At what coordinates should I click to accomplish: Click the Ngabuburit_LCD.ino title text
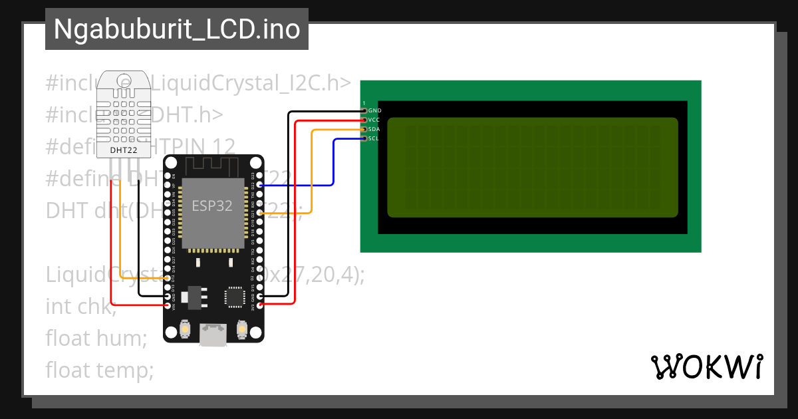(176, 29)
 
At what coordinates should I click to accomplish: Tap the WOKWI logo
(706, 367)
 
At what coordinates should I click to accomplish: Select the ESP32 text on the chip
(212, 206)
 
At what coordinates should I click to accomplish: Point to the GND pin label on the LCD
(374, 110)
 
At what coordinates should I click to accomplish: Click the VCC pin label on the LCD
(374, 120)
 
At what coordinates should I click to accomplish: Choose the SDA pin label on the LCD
(374, 129)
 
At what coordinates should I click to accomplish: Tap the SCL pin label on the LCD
(373, 138)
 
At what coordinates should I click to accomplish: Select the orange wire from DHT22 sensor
(120, 226)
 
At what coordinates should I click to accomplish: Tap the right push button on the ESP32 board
(243, 329)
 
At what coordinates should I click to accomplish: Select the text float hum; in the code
(96, 338)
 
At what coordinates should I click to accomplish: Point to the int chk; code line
(80, 307)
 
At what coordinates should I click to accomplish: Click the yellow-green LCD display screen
(532, 168)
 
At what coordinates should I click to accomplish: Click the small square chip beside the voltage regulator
(234, 297)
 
